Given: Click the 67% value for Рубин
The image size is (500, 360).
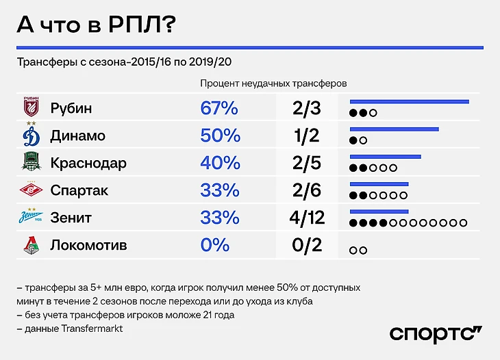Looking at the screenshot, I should (219, 108).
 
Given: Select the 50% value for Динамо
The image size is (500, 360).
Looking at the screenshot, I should (219, 136).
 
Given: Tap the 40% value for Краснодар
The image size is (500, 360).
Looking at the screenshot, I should (220, 163).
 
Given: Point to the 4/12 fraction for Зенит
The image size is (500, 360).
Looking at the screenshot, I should (306, 218).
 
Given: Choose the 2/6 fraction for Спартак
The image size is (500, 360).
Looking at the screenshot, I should (306, 190).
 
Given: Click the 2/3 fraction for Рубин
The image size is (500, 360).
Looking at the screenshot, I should (306, 108).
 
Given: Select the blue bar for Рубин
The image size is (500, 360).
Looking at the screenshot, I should (409, 102).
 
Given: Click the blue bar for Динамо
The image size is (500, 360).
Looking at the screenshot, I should (394, 129).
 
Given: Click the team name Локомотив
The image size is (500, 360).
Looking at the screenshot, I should (88, 245).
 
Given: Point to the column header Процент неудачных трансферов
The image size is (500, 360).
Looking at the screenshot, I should (273, 83).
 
